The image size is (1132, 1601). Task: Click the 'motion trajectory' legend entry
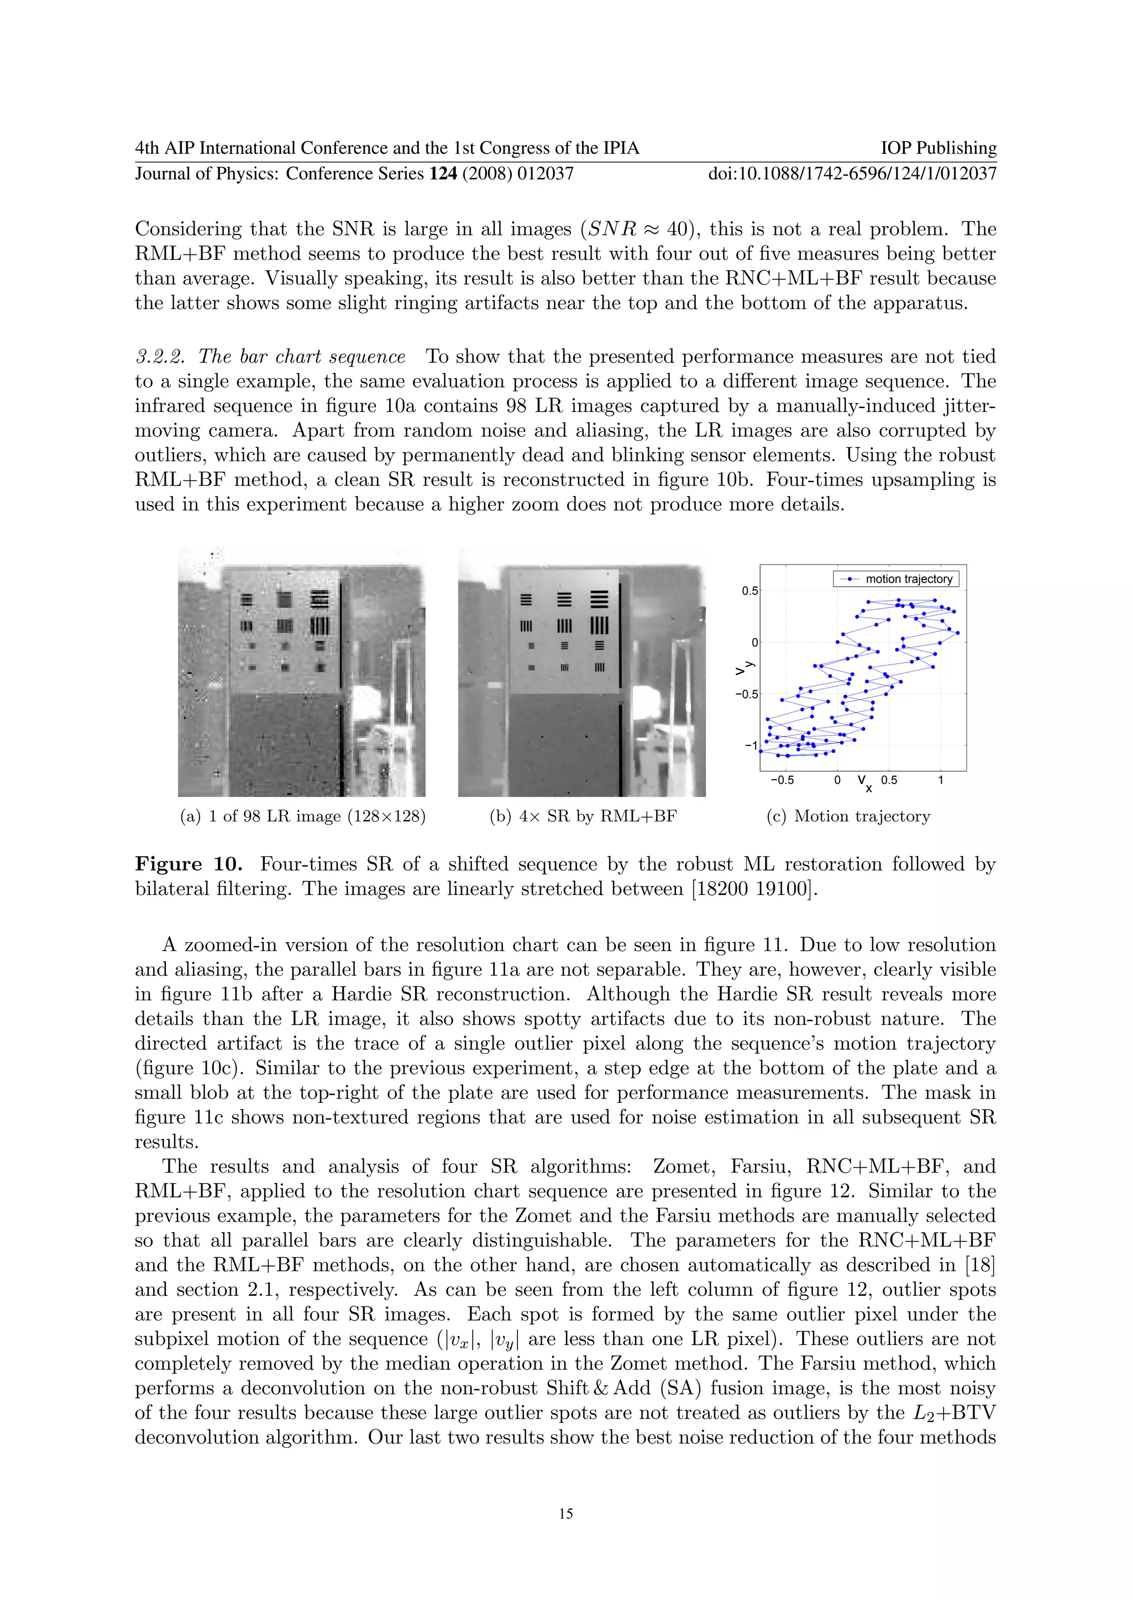click(908, 579)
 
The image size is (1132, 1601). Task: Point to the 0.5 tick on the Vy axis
click(750, 590)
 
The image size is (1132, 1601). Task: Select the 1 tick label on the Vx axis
click(940, 779)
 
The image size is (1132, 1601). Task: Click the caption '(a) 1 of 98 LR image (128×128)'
click(302, 816)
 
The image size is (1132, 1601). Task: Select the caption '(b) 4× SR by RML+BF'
click(583, 816)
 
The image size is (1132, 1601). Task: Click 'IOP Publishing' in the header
click(938, 148)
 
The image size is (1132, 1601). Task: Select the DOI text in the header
click(852, 173)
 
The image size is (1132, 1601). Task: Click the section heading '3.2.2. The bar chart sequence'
click(270, 357)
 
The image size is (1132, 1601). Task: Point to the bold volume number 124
click(443, 173)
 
